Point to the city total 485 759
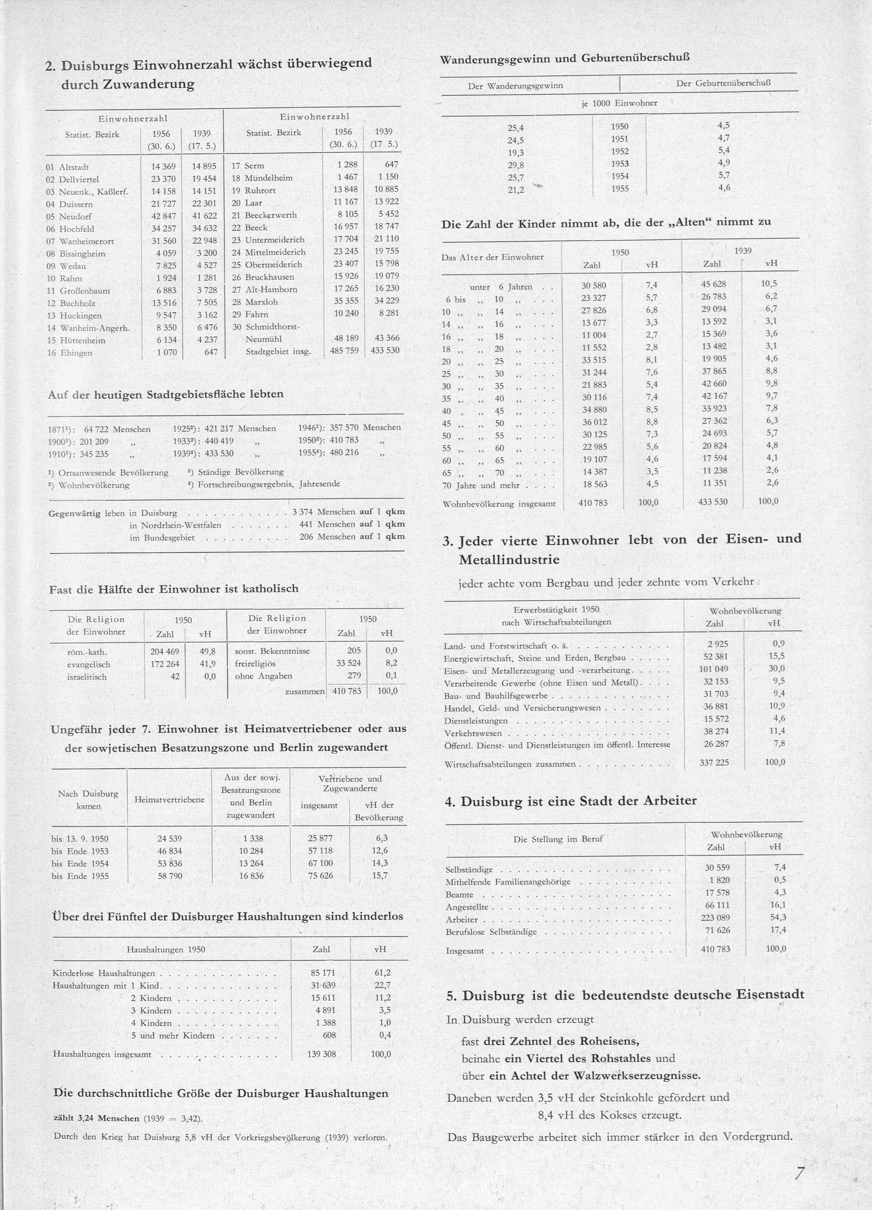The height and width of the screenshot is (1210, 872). coord(344,351)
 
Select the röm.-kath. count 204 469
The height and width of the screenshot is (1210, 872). coord(164,651)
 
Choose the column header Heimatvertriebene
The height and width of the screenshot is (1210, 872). coord(169,799)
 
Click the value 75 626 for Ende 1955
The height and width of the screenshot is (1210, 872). coord(320,875)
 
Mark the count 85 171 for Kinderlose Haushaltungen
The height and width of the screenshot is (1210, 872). coord(323,972)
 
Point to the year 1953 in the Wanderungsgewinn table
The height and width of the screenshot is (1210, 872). coord(620,164)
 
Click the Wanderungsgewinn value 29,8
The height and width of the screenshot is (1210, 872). coord(515,165)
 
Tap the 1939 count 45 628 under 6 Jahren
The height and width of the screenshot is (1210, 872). coord(713,284)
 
